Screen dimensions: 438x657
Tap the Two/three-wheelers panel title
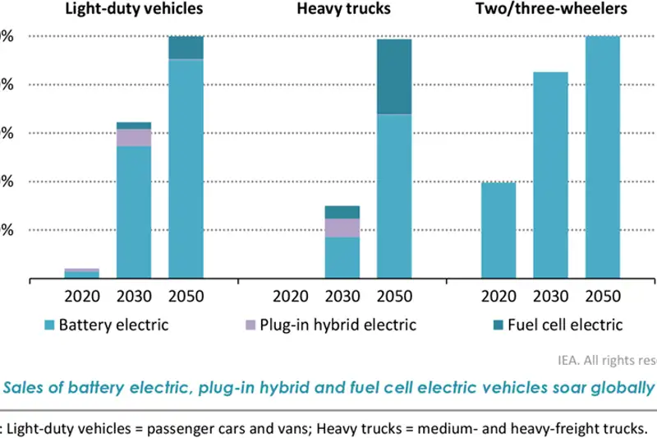pyautogui.click(x=550, y=9)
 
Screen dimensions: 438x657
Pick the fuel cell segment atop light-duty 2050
pyautogui.click(x=186, y=48)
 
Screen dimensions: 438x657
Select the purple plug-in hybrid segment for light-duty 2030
pyautogui.click(x=134, y=137)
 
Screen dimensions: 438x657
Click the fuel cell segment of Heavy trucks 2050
pyautogui.click(x=394, y=76)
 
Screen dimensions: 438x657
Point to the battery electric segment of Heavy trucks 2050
pyautogui.click(x=394, y=196)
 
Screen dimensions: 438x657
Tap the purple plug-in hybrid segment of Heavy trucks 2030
pyautogui.click(x=342, y=228)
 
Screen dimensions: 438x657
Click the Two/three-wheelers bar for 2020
pyautogui.click(x=498, y=231)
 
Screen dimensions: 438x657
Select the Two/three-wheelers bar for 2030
pyautogui.click(x=550, y=176)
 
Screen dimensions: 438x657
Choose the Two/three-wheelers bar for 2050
pyautogui.click(x=602, y=158)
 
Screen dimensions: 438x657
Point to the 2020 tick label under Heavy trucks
pyautogui.click(x=291, y=296)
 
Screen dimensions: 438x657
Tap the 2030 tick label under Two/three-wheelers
pyautogui.click(x=550, y=296)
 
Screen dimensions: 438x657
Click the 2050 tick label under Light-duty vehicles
pyautogui.click(x=186, y=296)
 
